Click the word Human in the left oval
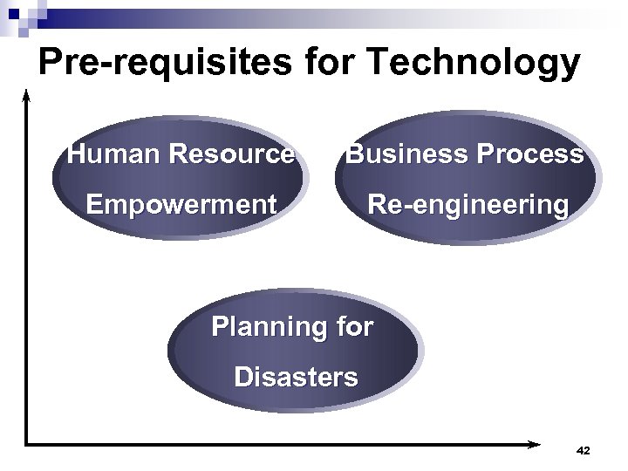pos(114,155)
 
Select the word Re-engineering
pos(468,206)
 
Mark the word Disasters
pos(295,377)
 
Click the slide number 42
pos(584,451)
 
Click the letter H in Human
pos(77,155)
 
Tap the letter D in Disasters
pos(242,377)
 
